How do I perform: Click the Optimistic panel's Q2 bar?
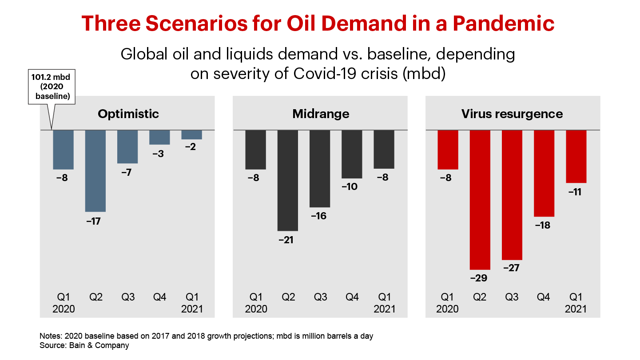(95, 171)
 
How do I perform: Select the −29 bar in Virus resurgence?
(480, 200)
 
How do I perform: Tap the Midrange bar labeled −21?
(288, 180)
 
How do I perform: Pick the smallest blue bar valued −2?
(192, 135)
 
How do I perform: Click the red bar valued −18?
(544, 173)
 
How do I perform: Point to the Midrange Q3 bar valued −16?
(320, 169)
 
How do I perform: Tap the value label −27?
(512, 268)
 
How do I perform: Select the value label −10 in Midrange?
(350, 186)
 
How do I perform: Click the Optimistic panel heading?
(128, 114)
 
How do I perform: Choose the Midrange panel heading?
(321, 114)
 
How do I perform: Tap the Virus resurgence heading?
(512, 114)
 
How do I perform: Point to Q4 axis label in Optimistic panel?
(160, 297)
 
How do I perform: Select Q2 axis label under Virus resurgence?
(480, 297)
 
